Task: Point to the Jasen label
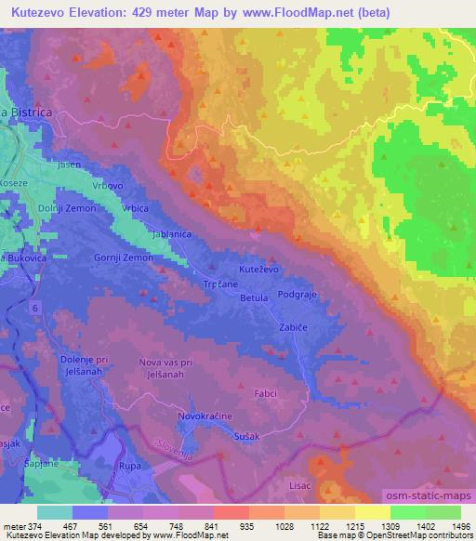pyautogui.click(x=68, y=165)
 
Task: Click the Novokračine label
pyautogui.click(x=205, y=418)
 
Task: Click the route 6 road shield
pyautogui.click(x=36, y=306)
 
